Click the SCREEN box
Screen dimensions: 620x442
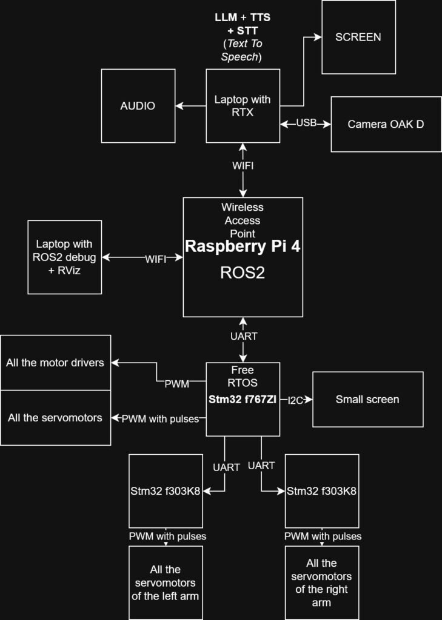pyautogui.click(x=358, y=37)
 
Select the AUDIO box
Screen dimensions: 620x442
pyautogui.click(x=138, y=106)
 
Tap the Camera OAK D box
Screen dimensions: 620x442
pyautogui.click(x=386, y=124)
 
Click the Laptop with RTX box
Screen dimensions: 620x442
pyautogui.click(x=243, y=105)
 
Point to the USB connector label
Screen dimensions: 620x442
pyautogui.click(x=306, y=124)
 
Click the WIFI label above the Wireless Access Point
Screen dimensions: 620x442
pyautogui.click(x=243, y=165)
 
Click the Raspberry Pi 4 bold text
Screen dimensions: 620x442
pyautogui.click(x=243, y=246)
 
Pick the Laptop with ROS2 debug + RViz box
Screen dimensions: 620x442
pyautogui.click(x=65, y=257)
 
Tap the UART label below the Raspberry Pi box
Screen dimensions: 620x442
pyautogui.click(x=243, y=336)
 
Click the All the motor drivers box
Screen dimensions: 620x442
pyautogui.click(x=55, y=363)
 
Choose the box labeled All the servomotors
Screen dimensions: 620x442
pyautogui.click(x=55, y=418)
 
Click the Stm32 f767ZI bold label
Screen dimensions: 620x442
pyautogui.click(x=243, y=400)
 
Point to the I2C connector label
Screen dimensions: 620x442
pyautogui.click(x=296, y=400)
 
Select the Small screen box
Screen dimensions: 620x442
pyautogui.click(x=367, y=400)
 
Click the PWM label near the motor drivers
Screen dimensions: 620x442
pyautogui.click(x=176, y=383)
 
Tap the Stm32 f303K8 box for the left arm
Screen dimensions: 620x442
pyautogui.click(x=166, y=490)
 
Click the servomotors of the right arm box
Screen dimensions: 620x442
pyautogui.click(x=321, y=582)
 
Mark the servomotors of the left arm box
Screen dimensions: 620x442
pyautogui.click(x=166, y=582)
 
